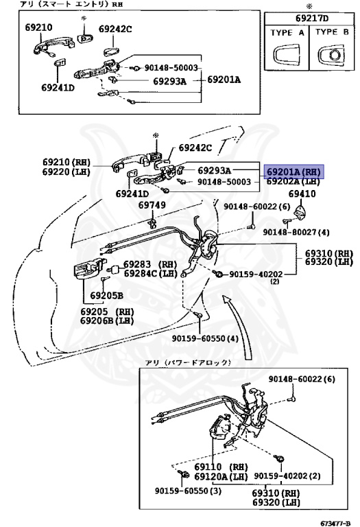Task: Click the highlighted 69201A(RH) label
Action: pos(293,172)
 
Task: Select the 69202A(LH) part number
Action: pos(293,182)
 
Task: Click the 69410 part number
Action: pos(302,194)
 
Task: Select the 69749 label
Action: pos(152,205)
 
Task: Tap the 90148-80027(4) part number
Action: pos(296,232)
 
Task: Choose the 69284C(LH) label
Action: pos(149,273)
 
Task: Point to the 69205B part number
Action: pos(106,296)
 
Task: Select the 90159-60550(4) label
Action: pos(206,338)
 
